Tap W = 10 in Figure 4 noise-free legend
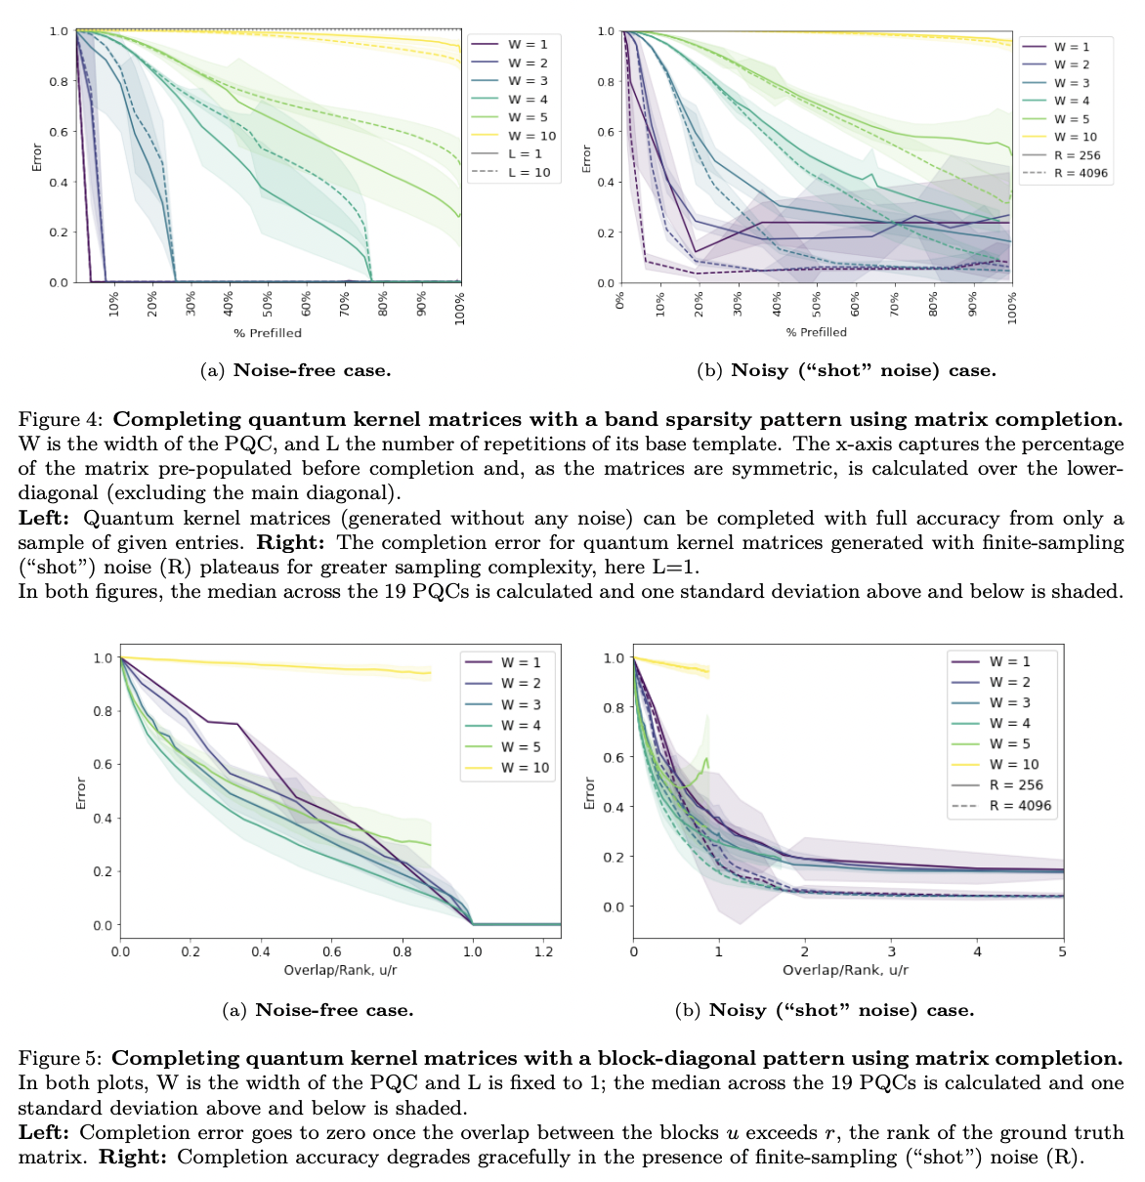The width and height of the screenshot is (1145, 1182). coord(531,136)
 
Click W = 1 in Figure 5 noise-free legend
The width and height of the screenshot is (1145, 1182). coord(521,662)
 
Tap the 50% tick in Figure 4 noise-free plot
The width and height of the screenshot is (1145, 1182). coord(268,303)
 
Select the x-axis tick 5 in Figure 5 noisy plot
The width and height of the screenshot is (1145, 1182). coord(1062,950)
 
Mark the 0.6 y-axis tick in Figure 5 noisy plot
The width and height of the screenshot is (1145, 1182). coord(613,758)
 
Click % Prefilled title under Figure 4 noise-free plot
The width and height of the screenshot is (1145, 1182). coord(267,333)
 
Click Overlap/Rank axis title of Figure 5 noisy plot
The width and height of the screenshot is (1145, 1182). coord(845,970)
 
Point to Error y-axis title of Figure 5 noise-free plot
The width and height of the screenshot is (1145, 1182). coord(82,792)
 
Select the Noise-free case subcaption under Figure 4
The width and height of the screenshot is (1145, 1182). coord(295,370)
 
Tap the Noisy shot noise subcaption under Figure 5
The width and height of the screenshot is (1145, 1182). coord(825,1010)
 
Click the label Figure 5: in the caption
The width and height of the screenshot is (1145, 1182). coord(60,1058)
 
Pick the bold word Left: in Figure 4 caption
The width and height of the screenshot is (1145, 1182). coord(47,518)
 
